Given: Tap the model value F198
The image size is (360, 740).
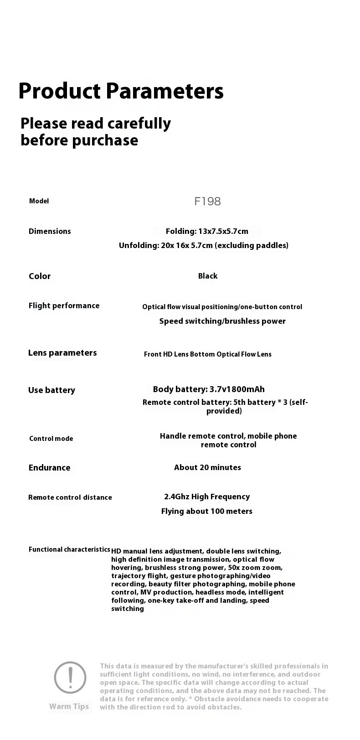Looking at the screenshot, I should [207, 202].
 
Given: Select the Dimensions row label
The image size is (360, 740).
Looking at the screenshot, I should [50, 231].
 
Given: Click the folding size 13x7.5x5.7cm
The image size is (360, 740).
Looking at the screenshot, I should [207, 231].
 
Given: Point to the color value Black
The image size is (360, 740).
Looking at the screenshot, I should [208, 276].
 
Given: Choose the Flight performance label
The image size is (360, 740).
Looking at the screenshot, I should [64, 305].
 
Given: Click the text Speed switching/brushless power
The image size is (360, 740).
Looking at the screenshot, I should [222, 321].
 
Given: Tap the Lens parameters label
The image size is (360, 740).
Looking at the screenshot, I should [62, 352].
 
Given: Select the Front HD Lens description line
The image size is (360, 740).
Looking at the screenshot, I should [207, 354].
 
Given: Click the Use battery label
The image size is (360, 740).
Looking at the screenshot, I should [51, 390].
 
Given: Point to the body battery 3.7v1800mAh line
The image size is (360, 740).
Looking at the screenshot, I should [209, 389].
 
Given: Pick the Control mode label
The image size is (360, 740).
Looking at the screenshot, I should [51, 439].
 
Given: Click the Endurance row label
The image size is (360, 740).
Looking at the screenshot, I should [49, 467].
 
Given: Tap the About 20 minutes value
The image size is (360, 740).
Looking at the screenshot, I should [207, 467].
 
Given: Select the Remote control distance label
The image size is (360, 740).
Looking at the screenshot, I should [70, 497].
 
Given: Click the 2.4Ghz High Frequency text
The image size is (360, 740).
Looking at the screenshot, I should [207, 497].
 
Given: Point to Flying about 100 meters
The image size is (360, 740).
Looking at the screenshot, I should [206, 511].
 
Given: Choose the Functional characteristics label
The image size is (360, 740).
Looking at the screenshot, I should [69, 549].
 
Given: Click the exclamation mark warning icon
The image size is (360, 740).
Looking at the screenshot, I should [70, 678].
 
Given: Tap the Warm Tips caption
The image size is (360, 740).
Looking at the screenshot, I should [69, 706].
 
